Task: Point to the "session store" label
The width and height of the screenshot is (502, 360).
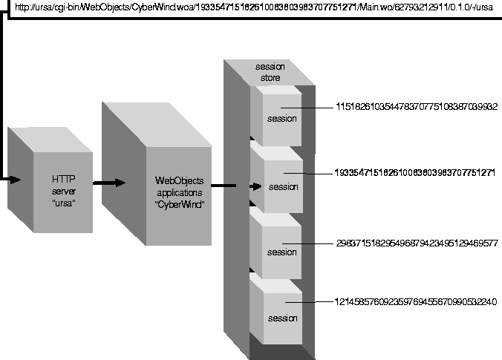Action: click(270, 72)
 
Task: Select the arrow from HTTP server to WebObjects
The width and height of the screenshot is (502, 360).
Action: click(109, 183)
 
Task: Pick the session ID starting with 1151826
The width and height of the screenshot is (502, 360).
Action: click(417, 107)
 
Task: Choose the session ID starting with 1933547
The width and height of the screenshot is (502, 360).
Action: click(416, 171)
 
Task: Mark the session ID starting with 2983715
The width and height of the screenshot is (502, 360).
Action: click(417, 243)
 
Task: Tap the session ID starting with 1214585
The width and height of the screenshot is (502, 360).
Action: click(416, 302)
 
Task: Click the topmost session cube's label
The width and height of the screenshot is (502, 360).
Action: click(282, 119)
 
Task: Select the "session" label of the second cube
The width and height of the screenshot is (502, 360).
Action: click(283, 186)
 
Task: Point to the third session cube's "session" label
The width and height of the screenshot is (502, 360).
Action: click(282, 252)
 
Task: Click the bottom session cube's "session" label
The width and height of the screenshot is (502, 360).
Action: click(282, 318)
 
